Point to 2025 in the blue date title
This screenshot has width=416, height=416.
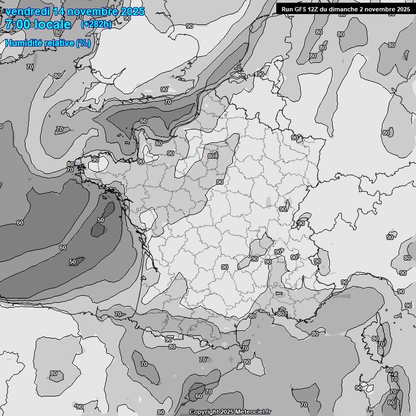[132, 11]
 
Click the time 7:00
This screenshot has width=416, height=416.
[18, 24]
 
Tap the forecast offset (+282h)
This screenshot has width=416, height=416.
[96, 24]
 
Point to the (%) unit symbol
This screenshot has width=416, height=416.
[83, 43]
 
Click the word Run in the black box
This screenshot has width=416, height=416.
[287, 9]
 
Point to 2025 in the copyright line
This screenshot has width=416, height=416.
[228, 412]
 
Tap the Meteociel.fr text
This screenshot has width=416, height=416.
[253, 412]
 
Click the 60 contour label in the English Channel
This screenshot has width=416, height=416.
[143, 121]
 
